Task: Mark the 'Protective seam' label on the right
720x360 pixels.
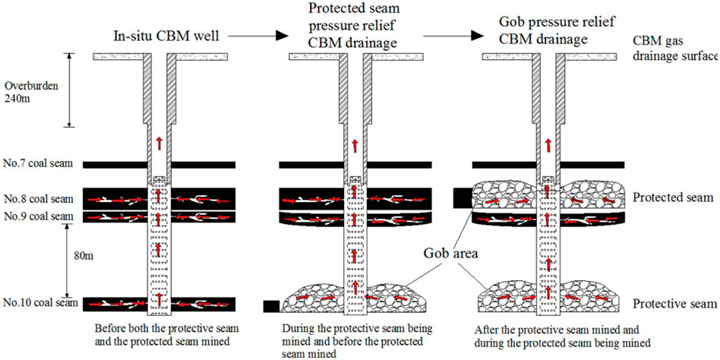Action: point(672,304)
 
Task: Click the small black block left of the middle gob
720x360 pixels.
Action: point(270,306)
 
